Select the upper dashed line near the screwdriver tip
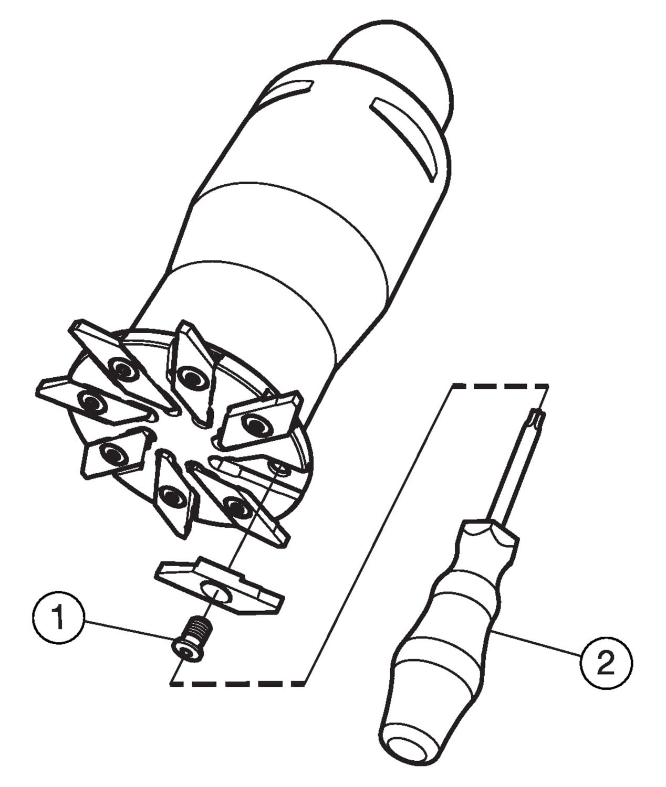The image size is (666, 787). pos(500,386)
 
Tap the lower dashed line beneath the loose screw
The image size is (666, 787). pos(237,684)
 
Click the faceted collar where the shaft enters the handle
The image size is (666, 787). pos(490,536)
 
